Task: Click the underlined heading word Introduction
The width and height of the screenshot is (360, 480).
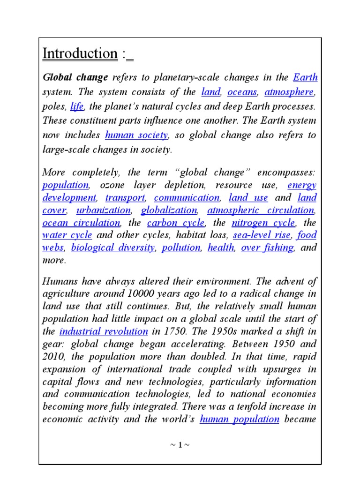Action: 80,54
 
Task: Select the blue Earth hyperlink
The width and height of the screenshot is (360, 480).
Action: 305,77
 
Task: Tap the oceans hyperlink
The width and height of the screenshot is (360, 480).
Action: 242,92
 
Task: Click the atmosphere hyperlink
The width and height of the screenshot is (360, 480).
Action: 289,92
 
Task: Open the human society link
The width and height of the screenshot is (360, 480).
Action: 136,135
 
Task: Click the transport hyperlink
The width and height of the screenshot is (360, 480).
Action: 125,197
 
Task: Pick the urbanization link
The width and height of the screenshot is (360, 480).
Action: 104,210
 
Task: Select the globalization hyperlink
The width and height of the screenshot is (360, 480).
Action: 169,210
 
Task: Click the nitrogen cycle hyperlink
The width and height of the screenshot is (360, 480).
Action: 263,223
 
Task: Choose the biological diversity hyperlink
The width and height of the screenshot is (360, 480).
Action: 112,247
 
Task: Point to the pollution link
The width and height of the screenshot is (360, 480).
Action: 181,247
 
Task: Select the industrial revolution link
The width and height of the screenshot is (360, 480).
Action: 104,331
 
